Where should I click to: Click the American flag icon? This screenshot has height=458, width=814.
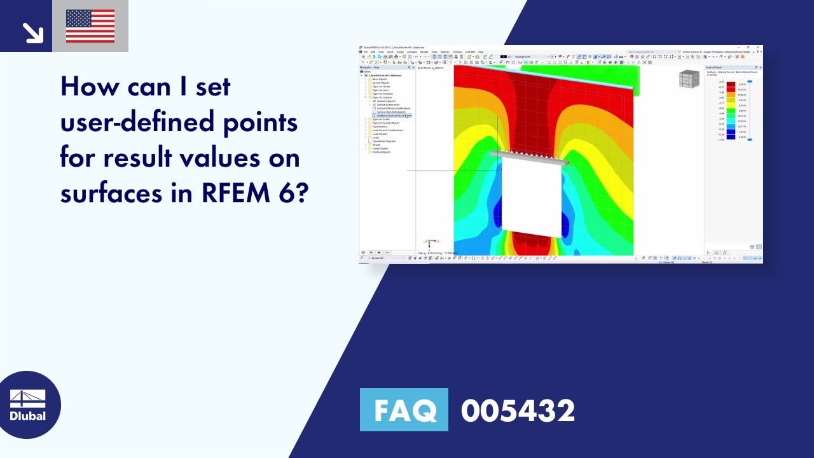[x=90, y=26]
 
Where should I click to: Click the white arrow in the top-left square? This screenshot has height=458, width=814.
[x=32, y=32]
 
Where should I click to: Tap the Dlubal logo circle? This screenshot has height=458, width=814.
[x=28, y=405]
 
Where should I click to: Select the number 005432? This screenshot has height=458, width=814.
[x=518, y=410]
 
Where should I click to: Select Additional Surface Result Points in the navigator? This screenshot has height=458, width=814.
[x=394, y=116]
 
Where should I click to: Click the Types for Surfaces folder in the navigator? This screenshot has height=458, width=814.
[x=383, y=97]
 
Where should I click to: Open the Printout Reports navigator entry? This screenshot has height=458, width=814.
[x=382, y=152]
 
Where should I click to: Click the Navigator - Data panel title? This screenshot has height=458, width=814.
[x=370, y=67]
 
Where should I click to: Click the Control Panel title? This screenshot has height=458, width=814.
[x=714, y=67]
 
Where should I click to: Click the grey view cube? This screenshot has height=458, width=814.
[x=689, y=79]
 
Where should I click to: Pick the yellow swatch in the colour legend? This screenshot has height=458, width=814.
[x=731, y=100]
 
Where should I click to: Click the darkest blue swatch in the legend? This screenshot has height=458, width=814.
[x=731, y=137]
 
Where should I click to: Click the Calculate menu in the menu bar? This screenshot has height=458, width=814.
[x=411, y=52]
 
